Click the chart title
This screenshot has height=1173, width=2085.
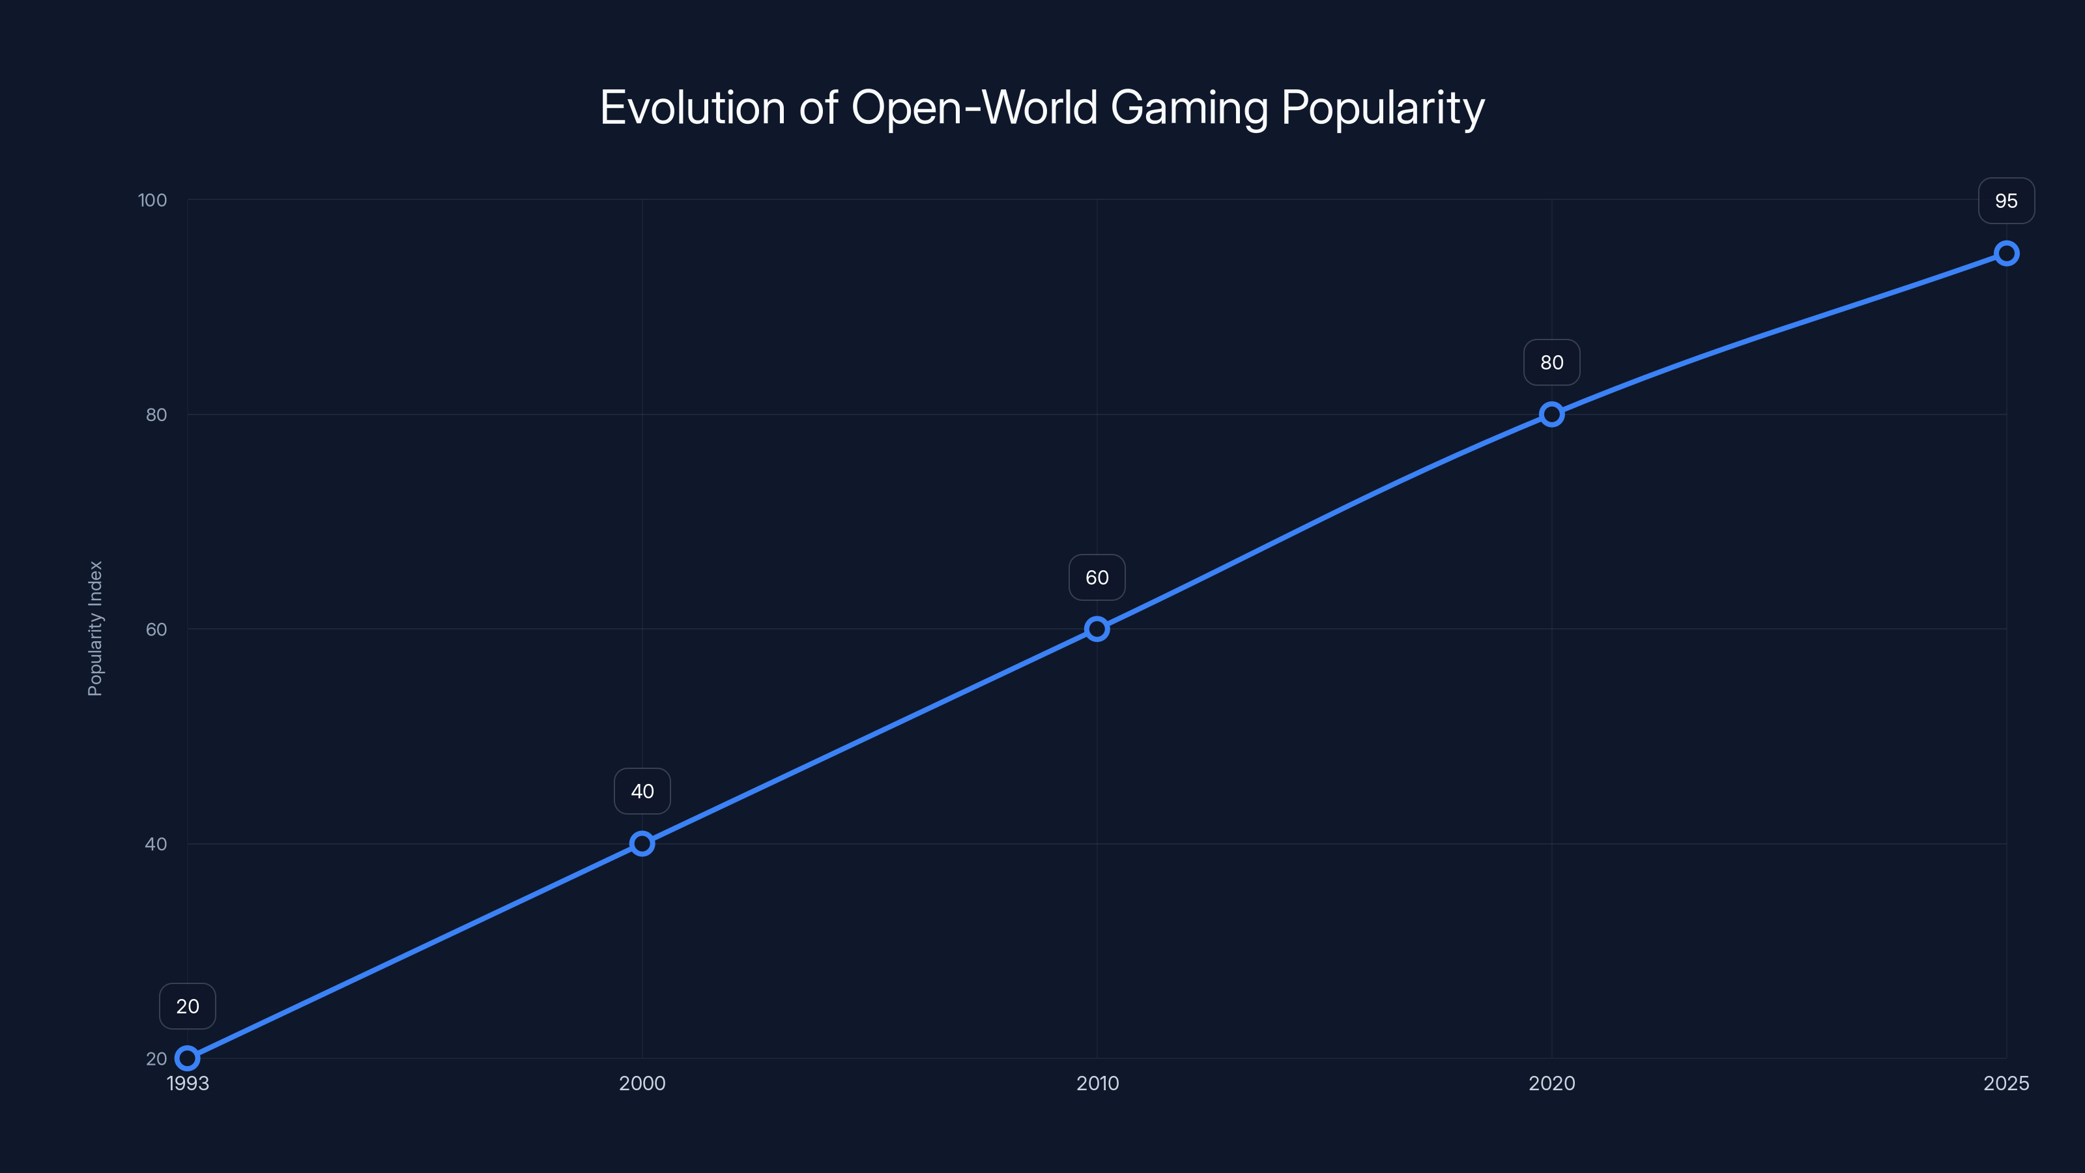pos(1042,108)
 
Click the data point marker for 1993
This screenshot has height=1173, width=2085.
pos(188,1058)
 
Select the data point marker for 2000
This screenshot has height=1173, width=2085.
pos(642,843)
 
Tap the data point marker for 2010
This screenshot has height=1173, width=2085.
pos(1097,629)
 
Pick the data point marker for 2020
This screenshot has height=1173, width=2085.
pos(1551,414)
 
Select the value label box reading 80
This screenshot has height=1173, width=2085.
pos(1551,363)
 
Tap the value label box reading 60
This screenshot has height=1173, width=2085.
pos(1097,577)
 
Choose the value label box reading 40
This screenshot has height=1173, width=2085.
pos(642,791)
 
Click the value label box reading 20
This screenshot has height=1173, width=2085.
pos(188,1006)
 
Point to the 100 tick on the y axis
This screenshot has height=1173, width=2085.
pos(152,200)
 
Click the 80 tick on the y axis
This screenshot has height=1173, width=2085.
pos(156,414)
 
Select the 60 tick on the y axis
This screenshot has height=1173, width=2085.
pos(156,629)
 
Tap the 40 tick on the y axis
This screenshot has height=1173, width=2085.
pos(156,843)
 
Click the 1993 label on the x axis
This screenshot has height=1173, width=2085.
pos(188,1083)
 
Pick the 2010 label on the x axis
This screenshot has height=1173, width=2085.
pos(1097,1083)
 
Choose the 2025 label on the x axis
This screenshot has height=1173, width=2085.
pos(2006,1083)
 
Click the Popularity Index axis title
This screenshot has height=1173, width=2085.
pos(96,628)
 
